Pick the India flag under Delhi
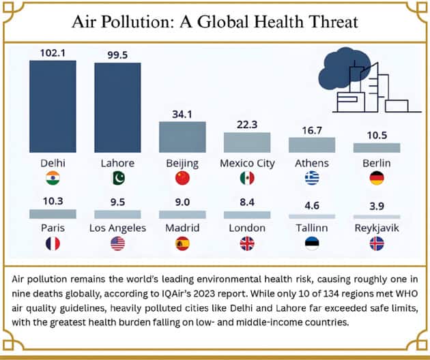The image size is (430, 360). [x=53, y=179]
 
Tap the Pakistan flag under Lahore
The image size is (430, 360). [x=117, y=179]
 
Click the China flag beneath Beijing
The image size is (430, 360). [x=182, y=179]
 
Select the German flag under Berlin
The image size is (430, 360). [x=377, y=179]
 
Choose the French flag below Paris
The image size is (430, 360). [x=53, y=243]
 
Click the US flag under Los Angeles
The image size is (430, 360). [x=117, y=243]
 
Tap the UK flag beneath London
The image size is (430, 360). [x=247, y=243]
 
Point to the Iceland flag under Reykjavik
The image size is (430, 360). [x=377, y=243]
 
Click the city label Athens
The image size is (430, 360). [x=312, y=164]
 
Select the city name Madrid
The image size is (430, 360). [x=182, y=228]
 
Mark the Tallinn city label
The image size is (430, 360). [x=312, y=228]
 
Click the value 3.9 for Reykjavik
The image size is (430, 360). [x=377, y=205]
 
